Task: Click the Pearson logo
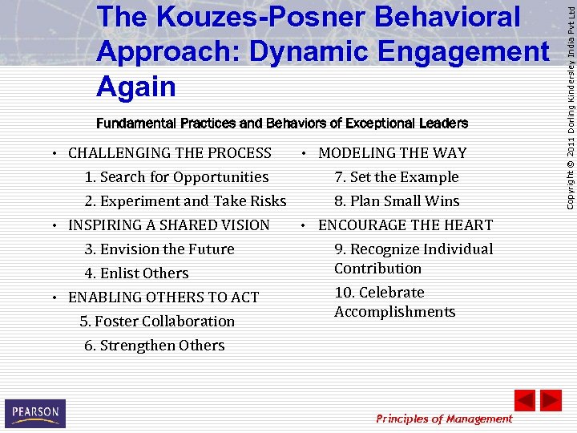35,414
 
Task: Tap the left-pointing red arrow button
525,400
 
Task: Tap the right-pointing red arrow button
551,400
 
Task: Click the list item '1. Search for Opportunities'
176,177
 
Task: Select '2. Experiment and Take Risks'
185,201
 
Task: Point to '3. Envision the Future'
159,249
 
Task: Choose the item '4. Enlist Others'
136,273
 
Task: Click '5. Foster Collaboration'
158,322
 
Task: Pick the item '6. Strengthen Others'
155,346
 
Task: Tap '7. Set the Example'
397,177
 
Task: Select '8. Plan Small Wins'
397,201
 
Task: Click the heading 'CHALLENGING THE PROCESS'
170,153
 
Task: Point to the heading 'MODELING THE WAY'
392,153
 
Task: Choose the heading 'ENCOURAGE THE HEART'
406,225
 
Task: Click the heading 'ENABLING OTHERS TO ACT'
163,297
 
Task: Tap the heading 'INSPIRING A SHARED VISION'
169,225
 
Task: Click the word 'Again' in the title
136,85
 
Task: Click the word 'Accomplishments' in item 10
394,312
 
